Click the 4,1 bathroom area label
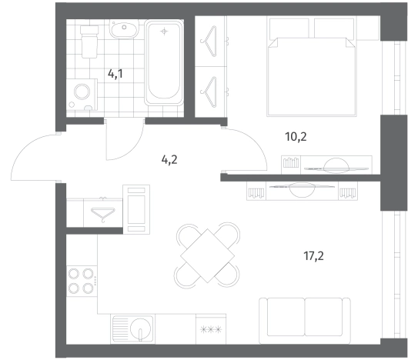click(115, 74)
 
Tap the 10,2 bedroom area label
click(296, 137)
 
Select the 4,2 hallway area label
click(169, 159)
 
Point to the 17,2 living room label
click(313, 256)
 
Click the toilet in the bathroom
click(89, 42)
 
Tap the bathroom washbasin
click(124, 29)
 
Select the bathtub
click(164, 62)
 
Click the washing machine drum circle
click(82, 92)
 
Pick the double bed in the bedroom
click(312, 67)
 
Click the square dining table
click(207, 256)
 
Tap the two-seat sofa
click(305, 321)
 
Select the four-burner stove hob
click(82, 281)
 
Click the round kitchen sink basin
click(141, 328)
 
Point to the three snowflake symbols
click(211, 330)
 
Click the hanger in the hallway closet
click(103, 215)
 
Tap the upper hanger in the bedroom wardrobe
click(209, 42)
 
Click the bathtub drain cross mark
click(164, 32)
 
